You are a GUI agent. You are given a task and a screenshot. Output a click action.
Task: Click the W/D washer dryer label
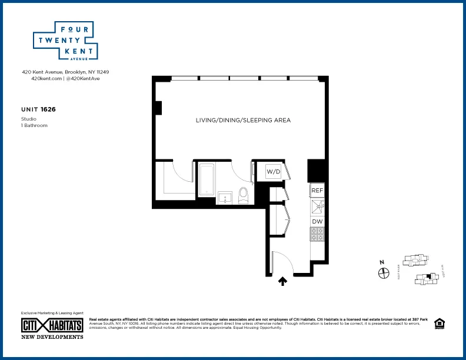point(274,172)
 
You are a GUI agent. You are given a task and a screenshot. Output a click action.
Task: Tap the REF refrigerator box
point(317,191)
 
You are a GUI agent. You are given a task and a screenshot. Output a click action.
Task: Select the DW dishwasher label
point(317,221)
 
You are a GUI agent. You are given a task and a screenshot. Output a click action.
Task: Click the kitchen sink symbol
point(317,205)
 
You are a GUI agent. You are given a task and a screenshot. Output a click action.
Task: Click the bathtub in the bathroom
point(207,179)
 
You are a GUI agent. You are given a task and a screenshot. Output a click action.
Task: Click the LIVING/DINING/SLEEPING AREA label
point(243,120)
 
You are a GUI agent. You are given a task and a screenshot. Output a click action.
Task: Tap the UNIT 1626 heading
point(38,109)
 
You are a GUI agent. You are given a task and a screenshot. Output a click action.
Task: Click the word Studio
point(29,119)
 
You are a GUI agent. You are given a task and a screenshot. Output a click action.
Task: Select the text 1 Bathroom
point(34,125)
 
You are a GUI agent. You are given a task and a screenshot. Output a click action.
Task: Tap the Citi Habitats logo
point(52,325)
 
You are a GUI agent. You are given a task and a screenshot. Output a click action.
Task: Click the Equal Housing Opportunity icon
point(438,323)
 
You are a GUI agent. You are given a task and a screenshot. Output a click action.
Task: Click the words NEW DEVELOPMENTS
point(52,337)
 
